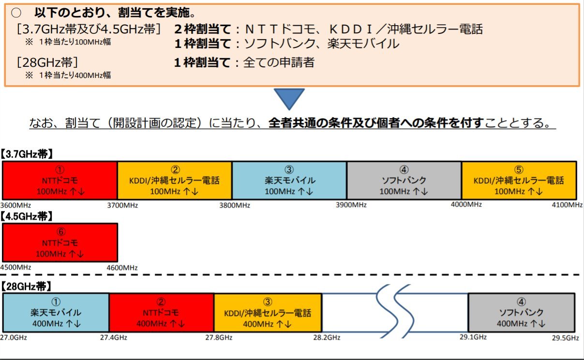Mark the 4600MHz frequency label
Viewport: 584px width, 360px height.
(122, 268)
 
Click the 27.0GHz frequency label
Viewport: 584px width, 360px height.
(14, 337)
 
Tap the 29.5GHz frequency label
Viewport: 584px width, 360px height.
(565, 337)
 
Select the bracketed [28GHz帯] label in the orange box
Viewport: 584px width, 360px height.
(47, 63)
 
